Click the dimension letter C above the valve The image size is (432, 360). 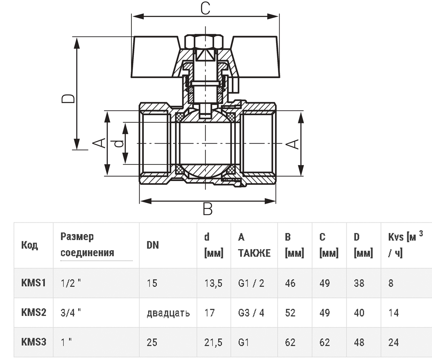tap(205, 8)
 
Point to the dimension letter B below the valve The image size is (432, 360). tap(207, 209)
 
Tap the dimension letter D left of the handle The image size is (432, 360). tap(68, 99)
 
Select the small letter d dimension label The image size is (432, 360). tap(120, 143)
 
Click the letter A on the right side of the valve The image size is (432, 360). tap(292, 144)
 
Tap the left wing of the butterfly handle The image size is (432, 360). tap(155, 57)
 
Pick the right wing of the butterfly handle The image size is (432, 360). tap(256, 57)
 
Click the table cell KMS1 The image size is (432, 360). tap(33, 283)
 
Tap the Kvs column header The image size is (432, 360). tap(405, 244)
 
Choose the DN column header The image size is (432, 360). tap(153, 245)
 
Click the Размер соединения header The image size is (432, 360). tap(87, 244)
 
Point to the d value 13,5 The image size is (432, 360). tap(213, 283)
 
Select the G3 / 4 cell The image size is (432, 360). tap(251, 312)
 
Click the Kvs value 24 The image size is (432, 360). tap(393, 342)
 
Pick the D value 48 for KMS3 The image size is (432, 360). tap(359, 342)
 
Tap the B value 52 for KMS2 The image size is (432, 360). tap(290, 312)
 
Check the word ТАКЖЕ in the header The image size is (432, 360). tap(254, 253)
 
